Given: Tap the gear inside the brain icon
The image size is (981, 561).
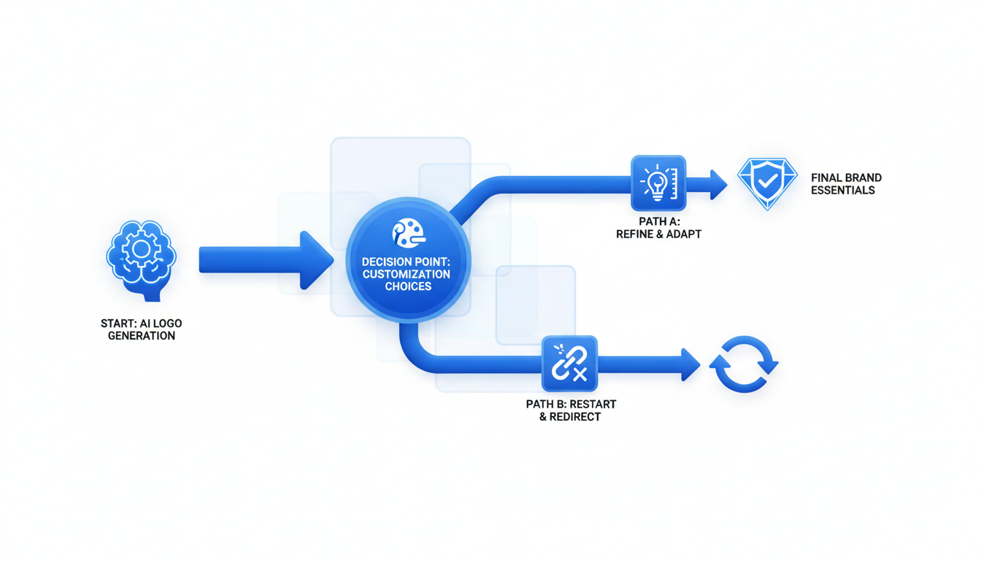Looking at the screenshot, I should tap(141, 250).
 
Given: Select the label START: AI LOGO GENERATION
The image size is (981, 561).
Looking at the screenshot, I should tap(141, 329).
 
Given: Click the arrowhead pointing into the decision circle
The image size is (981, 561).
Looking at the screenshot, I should tap(316, 260).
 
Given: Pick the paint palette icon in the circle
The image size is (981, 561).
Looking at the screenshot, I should tap(408, 233).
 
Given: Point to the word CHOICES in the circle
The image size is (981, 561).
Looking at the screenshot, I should tap(408, 286).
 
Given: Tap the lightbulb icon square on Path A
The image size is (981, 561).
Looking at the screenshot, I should tap(658, 183).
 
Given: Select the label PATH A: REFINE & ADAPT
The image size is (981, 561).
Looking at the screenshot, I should tap(658, 228).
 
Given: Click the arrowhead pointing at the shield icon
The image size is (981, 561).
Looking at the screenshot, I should tap(718, 184).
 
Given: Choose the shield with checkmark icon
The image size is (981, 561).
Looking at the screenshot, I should tap(766, 183).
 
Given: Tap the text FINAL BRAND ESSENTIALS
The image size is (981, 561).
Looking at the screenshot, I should tap(846, 184).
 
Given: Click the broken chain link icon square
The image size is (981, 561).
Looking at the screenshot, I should tap(569, 364).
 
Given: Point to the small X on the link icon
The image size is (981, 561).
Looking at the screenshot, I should tap(580, 375).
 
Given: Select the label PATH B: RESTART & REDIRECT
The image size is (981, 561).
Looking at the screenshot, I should tap(570, 411).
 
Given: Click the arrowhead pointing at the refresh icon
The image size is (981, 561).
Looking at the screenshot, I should tap(690, 364).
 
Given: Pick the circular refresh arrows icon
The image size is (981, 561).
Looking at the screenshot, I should tap(744, 364).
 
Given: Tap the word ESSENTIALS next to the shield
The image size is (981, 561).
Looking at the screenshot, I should tap(842, 191).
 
